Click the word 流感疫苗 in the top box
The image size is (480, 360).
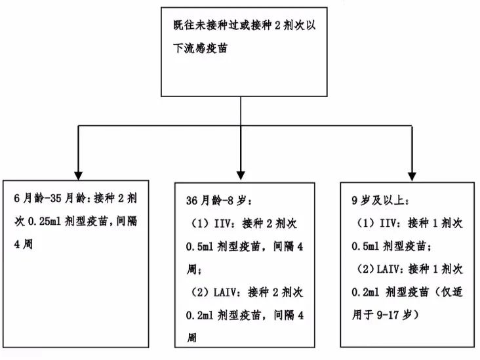coord(206,48)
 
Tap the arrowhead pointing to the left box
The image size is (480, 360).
coord(79,175)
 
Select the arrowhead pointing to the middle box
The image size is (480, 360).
coord(241,175)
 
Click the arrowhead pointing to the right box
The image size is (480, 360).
coord(412,176)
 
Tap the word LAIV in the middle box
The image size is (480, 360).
coord(225,292)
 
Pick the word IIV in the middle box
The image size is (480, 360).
coord(222,224)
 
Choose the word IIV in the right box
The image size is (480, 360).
coord(388,223)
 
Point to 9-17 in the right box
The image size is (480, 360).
coord(388,315)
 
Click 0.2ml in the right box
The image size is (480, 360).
coord(365,292)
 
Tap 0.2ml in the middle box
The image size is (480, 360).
coord(199,315)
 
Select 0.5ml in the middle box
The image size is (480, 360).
coord(199,247)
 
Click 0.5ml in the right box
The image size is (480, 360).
coord(365,246)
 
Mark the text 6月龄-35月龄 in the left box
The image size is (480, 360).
coord(50,199)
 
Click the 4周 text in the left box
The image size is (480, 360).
coord(23,245)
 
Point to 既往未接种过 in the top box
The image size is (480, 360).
coord(206,25)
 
